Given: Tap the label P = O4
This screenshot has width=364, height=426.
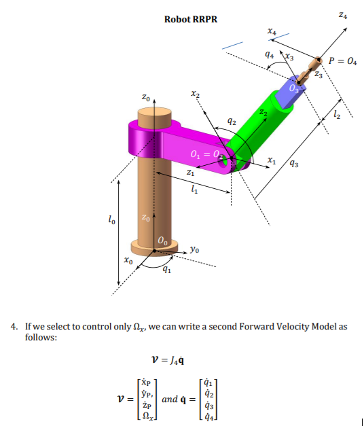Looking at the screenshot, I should click(342, 60).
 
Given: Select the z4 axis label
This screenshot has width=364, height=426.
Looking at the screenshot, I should click(349, 14).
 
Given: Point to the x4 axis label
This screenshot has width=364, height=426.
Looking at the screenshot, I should click(272, 31).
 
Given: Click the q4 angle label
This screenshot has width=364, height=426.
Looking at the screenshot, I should click(270, 55).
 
